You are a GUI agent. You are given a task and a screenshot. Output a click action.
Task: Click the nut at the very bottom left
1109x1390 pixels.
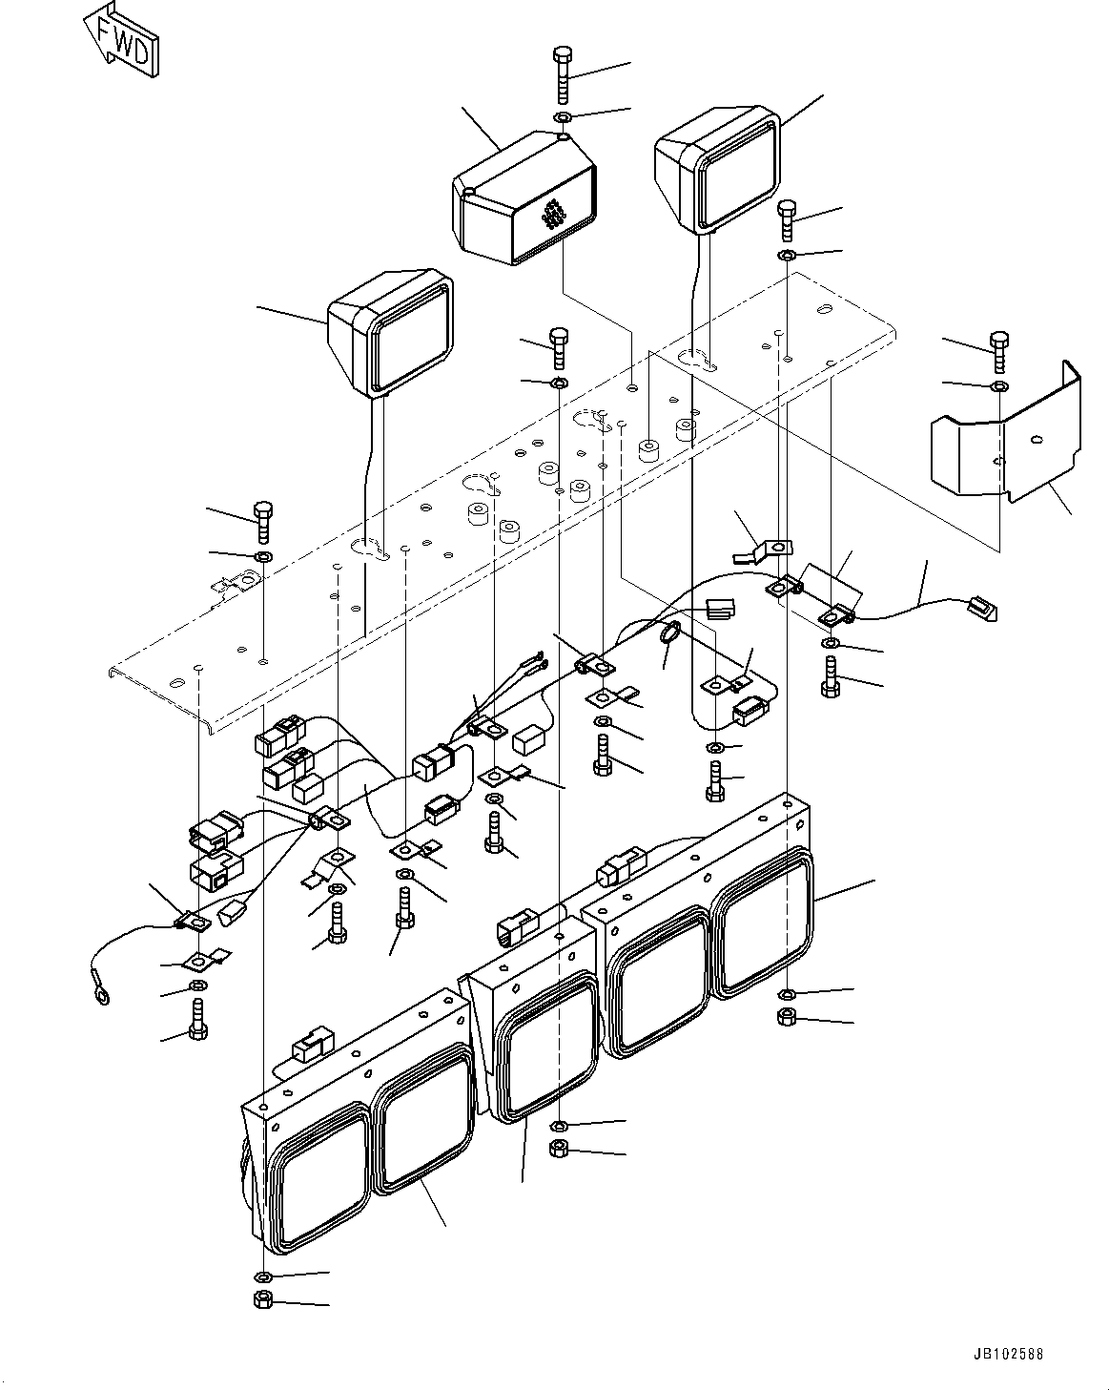coord(262,1299)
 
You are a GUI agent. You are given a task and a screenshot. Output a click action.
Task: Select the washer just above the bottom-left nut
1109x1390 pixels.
coord(262,1276)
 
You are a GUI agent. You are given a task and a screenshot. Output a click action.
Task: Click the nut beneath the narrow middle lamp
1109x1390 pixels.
coord(560,1148)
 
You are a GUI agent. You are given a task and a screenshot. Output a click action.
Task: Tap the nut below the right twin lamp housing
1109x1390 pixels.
coord(786,1017)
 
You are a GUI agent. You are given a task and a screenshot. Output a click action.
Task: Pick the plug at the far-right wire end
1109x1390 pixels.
coord(979,607)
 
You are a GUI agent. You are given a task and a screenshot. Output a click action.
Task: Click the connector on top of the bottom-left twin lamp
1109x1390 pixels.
coord(311,1048)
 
